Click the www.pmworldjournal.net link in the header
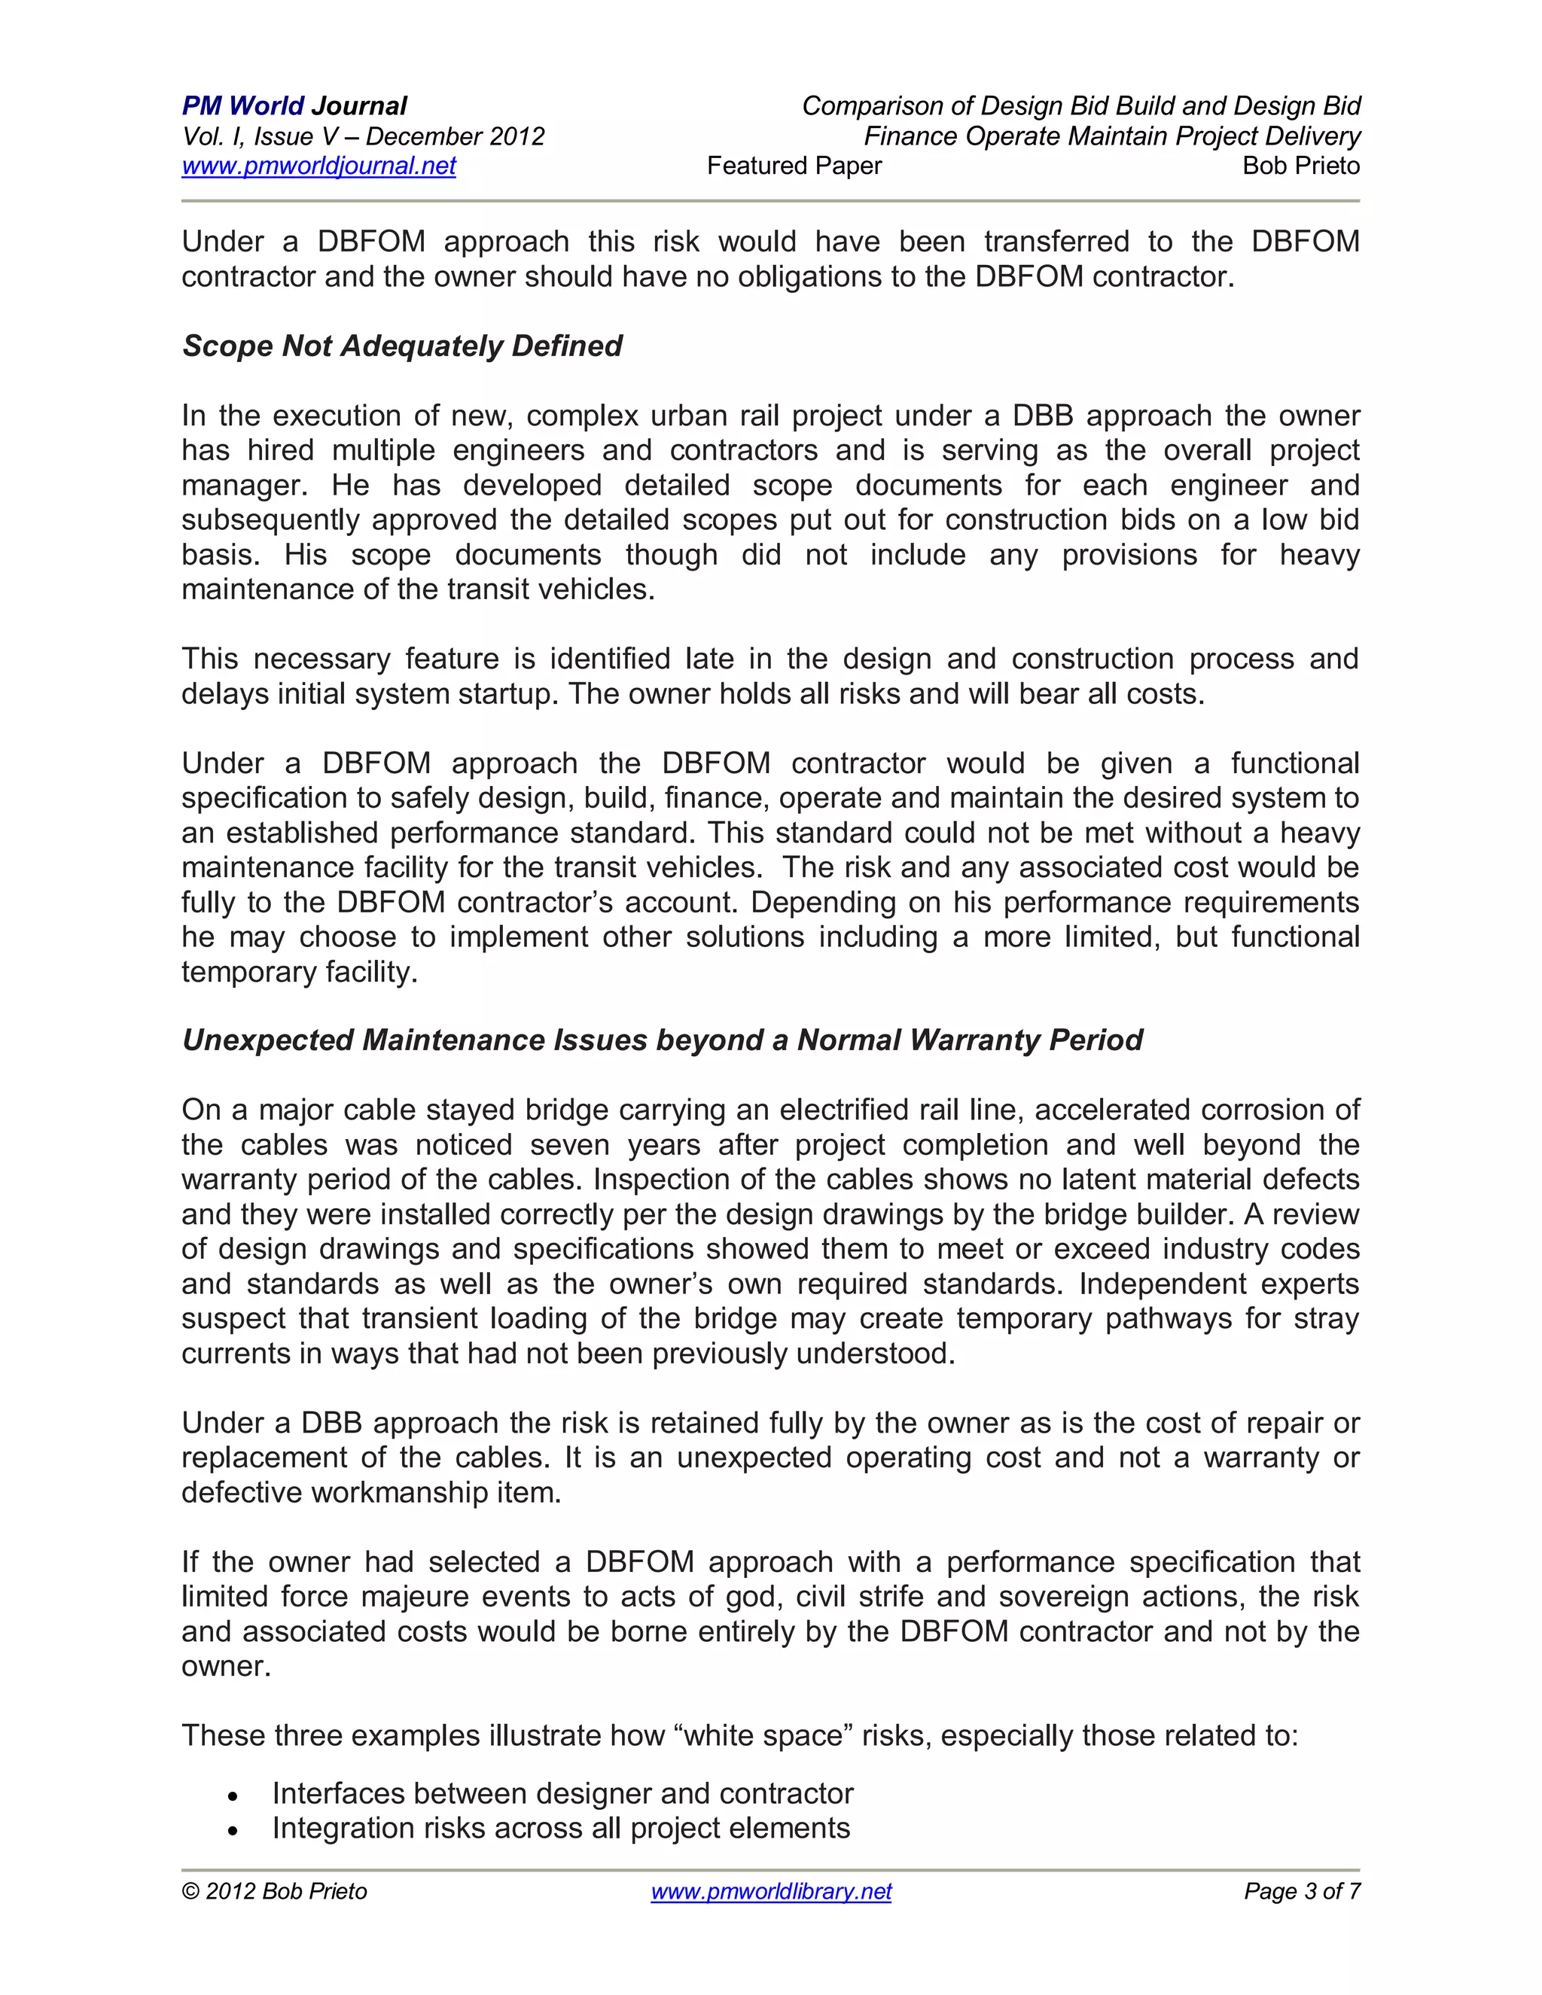click(x=318, y=166)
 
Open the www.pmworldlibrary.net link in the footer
click(x=771, y=1891)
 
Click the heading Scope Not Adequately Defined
click(x=402, y=346)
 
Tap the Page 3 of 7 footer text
click(x=1302, y=1891)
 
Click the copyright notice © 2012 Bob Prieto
click(x=275, y=1891)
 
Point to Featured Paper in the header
click(x=794, y=166)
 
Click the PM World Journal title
click(x=294, y=106)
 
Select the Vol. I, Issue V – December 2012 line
click(x=363, y=137)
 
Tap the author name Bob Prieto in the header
click(x=1301, y=166)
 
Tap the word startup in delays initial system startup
click(x=509, y=694)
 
